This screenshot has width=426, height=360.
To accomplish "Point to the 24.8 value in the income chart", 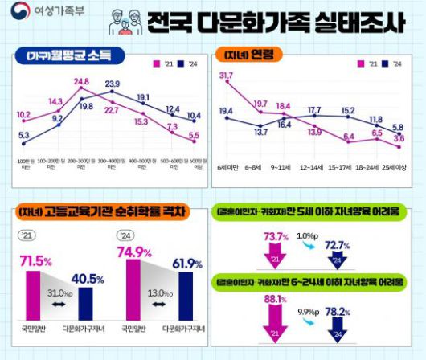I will pos(81,82).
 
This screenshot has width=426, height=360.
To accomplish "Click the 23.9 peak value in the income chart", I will pos(113,84).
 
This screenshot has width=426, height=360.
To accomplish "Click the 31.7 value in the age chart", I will pos(226,76).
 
